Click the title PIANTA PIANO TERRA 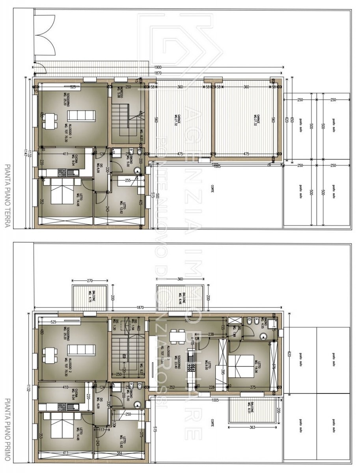click(7, 196)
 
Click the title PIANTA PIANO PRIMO click(7, 430)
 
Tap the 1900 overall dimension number click(157, 68)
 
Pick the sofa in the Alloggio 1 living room click(81, 115)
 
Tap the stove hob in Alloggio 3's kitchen click(192, 368)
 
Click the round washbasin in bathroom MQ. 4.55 click(263, 336)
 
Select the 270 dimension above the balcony click(90, 281)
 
